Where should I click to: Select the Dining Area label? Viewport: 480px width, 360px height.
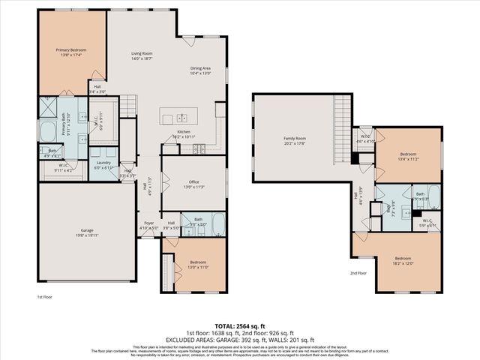[x=201, y=70]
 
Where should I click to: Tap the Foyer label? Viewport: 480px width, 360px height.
[x=149, y=223]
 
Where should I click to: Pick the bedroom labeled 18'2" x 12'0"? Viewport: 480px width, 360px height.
[x=403, y=261]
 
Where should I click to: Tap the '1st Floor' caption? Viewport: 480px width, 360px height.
[x=46, y=298]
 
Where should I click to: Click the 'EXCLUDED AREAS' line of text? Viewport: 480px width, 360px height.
[x=239, y=338]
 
